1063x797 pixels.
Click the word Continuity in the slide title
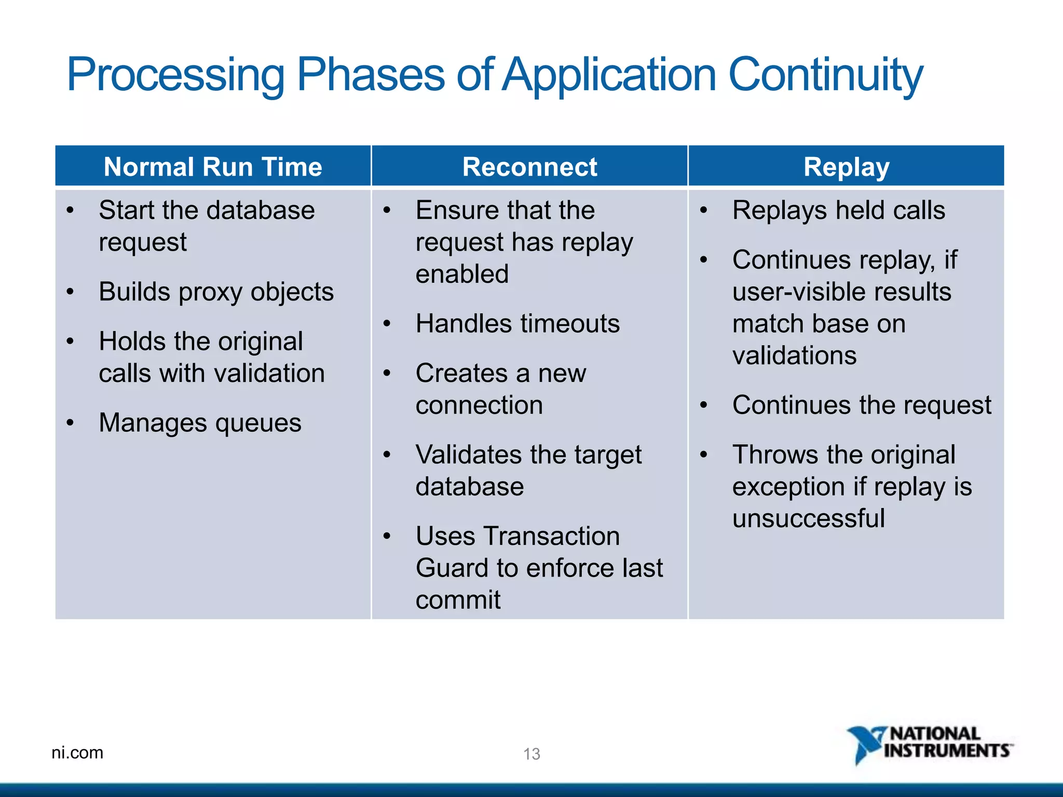point(826,76)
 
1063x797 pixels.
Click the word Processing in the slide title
point(175,76)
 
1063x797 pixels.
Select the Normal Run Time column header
point(213,167)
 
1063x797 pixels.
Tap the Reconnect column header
point(529,167)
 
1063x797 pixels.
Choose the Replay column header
point(847,167)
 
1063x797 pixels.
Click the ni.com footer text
point(77,752)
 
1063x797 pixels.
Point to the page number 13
point(531,754)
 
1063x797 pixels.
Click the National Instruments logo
point(930,745)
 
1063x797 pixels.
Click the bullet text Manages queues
point(200,423)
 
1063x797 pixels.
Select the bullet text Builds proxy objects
point(216,292)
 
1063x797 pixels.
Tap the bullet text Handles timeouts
point(517,324)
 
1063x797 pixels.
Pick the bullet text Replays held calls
point(839,211)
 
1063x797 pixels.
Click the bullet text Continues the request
point(862,405)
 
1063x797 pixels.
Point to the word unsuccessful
point(809,518)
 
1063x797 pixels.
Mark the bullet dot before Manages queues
point(70,423)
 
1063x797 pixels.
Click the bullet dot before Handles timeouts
point(387,324)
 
